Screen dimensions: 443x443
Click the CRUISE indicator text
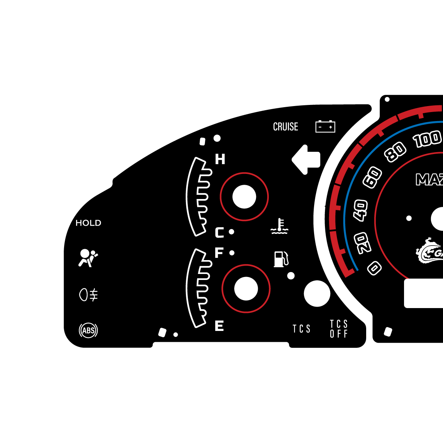click(286, 127)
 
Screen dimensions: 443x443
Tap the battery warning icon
click(325, 127)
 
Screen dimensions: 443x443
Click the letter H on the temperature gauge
click(220, 159)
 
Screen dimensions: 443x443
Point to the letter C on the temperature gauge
click(219, 233)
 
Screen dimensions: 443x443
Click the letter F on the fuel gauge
click(219, 253)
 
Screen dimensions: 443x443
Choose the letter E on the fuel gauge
click(219, 326)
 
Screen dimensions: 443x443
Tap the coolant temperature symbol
click(279, 226)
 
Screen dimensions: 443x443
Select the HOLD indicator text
click(88, 223)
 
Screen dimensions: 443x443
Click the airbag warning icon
click(88, 258)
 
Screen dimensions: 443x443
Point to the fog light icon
click(88, 295)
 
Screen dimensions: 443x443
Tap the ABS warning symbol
click(88, 331)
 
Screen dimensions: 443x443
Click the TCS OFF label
click(339, 329)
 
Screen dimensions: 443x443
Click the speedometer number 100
click(427, 139)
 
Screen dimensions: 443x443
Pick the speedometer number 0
click(374, 268)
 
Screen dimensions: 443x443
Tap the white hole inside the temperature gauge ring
click(244, 197)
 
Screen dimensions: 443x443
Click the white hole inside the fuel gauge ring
click(246, 289)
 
